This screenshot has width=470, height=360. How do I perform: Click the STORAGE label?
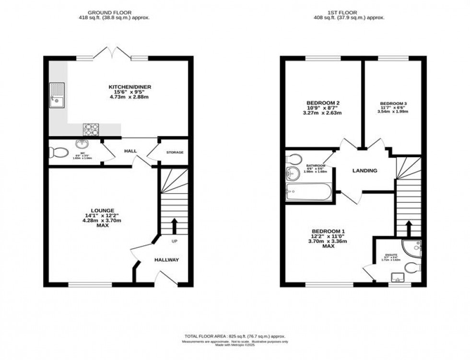[x=175, y=152]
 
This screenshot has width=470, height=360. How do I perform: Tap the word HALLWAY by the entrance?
[x=166, y=260]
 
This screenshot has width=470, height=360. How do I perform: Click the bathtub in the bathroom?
[x=307, y=192]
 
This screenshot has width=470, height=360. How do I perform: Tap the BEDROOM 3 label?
[x=393, y=103]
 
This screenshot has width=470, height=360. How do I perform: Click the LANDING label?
[x=365, y=171]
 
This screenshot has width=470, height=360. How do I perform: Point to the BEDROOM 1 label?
[x=328, y=231]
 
